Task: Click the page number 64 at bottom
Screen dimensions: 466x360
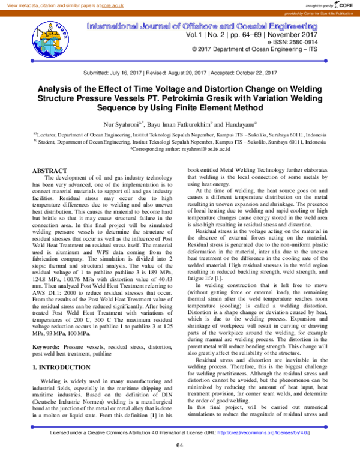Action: point(179,444)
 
